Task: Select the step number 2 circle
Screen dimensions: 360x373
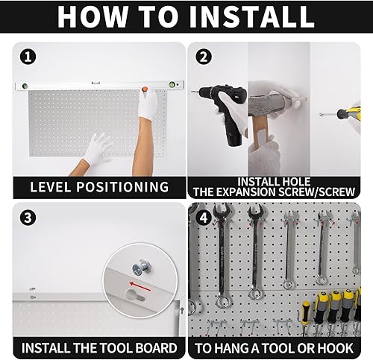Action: click(x=203, y=56)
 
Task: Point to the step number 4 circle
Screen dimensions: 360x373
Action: click(x=203, y=218)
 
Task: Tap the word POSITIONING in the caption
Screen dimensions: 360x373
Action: click(x=125, y=187)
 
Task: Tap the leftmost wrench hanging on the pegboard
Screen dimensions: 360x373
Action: click(x=222, y=253)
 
